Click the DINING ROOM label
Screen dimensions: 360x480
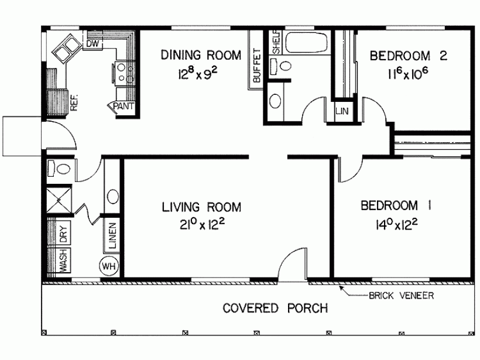pos(201,56)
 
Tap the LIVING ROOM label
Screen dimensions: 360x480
pos(201,207)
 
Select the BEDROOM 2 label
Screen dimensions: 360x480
pos(409,56)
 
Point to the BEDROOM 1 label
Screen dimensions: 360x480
pos(396,205)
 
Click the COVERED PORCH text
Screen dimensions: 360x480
pos(275,308)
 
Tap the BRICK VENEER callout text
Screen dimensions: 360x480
pos(401,296)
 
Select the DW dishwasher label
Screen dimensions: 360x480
pos(92,43)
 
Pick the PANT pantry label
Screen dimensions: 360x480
pos(124,106)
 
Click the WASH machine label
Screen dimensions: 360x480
pos(62,261)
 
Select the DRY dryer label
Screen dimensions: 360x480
pos(63,234)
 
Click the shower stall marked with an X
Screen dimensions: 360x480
pos(59,199)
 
